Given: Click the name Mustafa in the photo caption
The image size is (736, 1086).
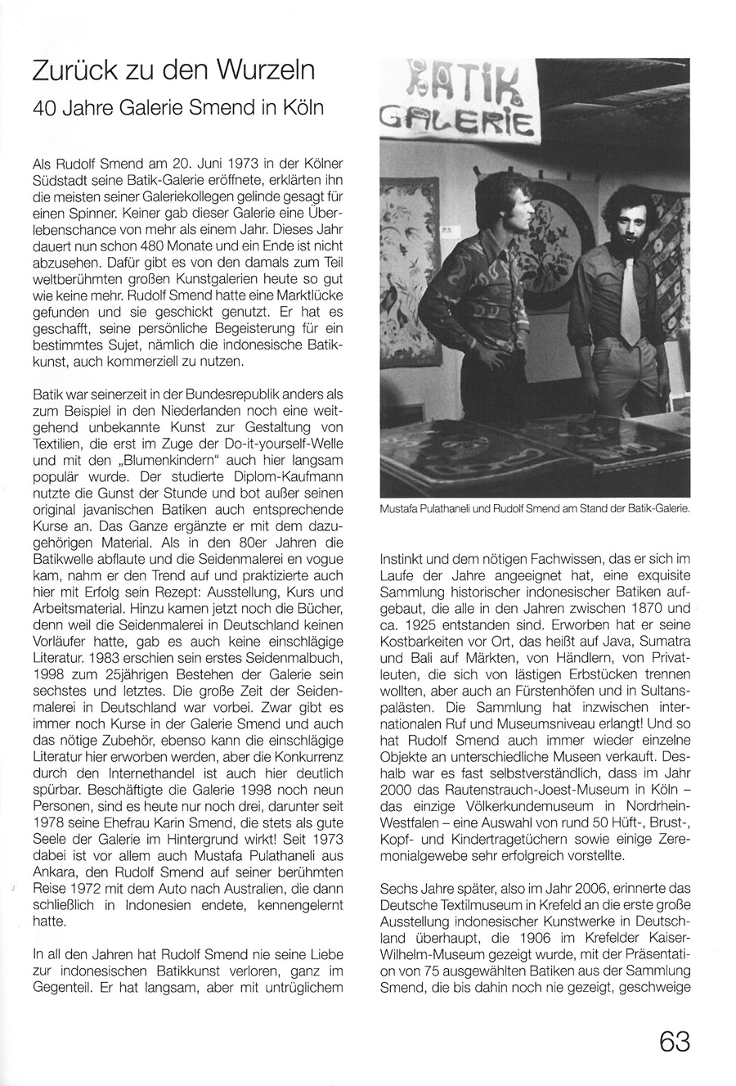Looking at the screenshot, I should point(400,508).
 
